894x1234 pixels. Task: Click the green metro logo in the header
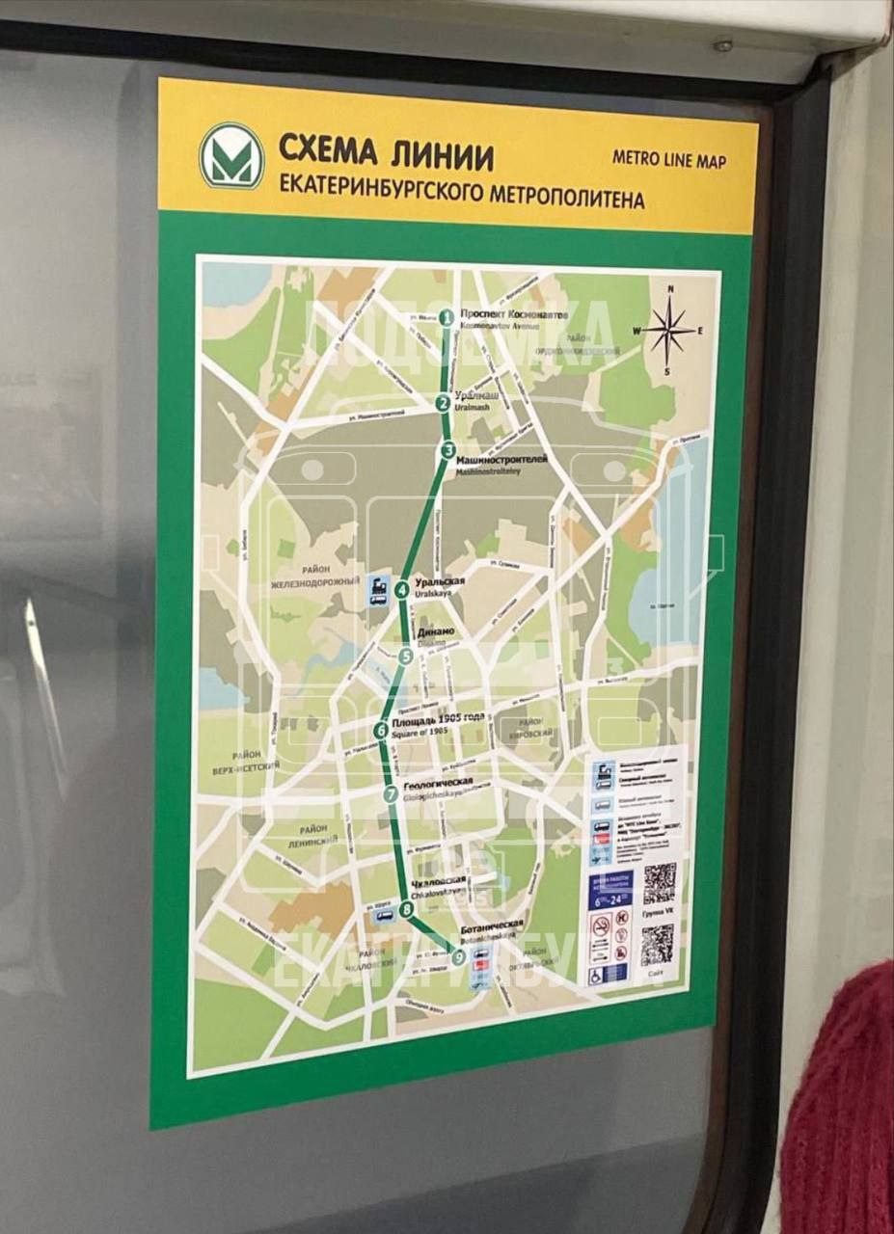pyautogui.click(x=231, y=156)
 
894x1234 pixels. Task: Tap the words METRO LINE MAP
pyautogui.click(x=668, y=159)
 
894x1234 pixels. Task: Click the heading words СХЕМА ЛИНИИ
pyautogui.click(x=386, y=152)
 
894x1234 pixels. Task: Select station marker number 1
pyautogui.click(x=447, y=316)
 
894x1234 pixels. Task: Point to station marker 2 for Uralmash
pyautogui.click(x=443, y=403)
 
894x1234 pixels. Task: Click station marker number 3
pyautogui.click(x=448, y=450)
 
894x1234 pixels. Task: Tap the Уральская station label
pyautogui.click(x=440, y=582)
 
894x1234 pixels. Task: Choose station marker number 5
pyautogui.click(x=406, y=657)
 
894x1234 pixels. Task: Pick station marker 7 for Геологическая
pyautogui.click(x=391, y=794)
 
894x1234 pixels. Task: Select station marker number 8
pyautogui.click(x=406, y=908)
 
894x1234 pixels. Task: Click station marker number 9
pyautogui.click(x=458, y=956)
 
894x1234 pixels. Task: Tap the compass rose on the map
pyautogui.click(x=667, y=330)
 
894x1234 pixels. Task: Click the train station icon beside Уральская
pyautogui.click(x=379, y=589)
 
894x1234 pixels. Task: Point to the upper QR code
pyautogui.click(x=660, y=882)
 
